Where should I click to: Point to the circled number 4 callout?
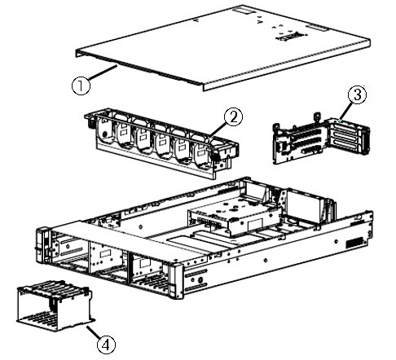pyautogui.click(x=106, y=343)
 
